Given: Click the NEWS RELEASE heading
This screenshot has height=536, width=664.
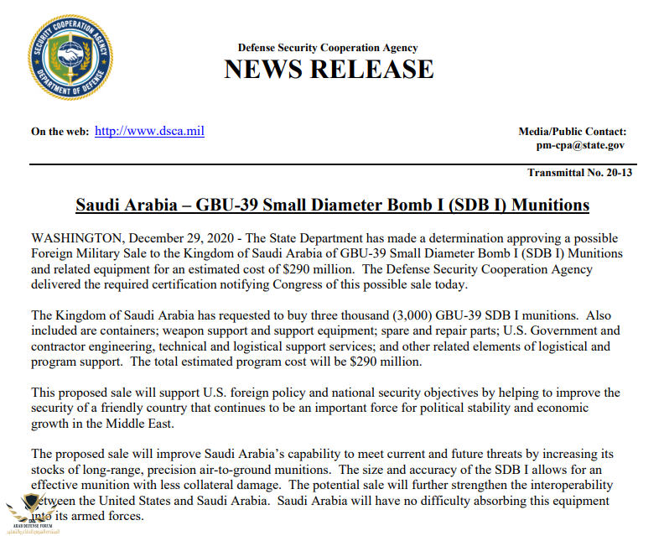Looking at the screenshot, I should [x=329, y=69].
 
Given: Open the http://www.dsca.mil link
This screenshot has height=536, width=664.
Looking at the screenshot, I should [x=149, y=131].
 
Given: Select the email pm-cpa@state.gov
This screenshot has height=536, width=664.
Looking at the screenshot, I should [x=580, y=145].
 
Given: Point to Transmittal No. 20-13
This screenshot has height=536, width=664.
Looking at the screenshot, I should [x=576, y=173].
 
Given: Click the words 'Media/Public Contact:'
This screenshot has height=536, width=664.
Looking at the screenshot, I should [x=573, y=131].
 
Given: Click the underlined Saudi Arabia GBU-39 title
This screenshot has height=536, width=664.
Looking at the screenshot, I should [x=332, y=205].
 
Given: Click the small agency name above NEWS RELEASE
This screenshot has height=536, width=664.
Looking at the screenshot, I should [x=328, y=48].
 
